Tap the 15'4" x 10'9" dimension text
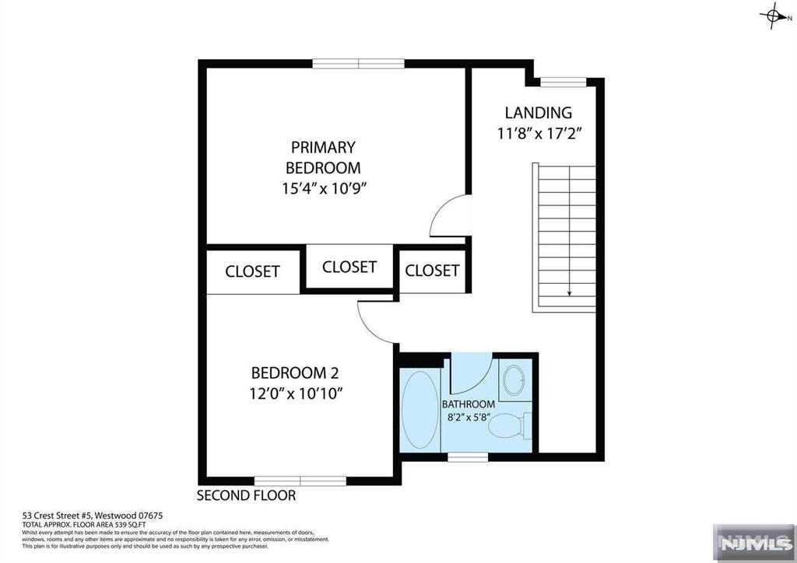pos(323,187)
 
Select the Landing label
pos(538,113)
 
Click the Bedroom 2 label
pos(294,373)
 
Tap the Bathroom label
pos(469,404)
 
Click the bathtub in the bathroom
pos(420,411)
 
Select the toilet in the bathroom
pos(511,426)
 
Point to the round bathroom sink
pos(514,380)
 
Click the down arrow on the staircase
pos(570,292)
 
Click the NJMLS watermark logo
pos(752,541)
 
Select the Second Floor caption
pos(246,495)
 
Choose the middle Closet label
pos(349,267)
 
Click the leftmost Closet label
pos(252,271)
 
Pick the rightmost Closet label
pos(432,271)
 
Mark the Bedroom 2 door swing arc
pos(376,320)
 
